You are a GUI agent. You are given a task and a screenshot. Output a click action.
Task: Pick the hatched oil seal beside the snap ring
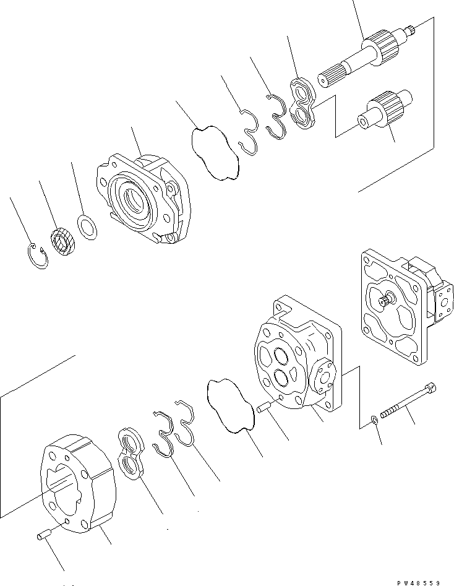pos(62,241)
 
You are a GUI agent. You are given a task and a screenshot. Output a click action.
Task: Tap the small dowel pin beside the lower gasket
pos(265,408)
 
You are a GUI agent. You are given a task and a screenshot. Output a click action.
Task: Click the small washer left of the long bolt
pos(375,421)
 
